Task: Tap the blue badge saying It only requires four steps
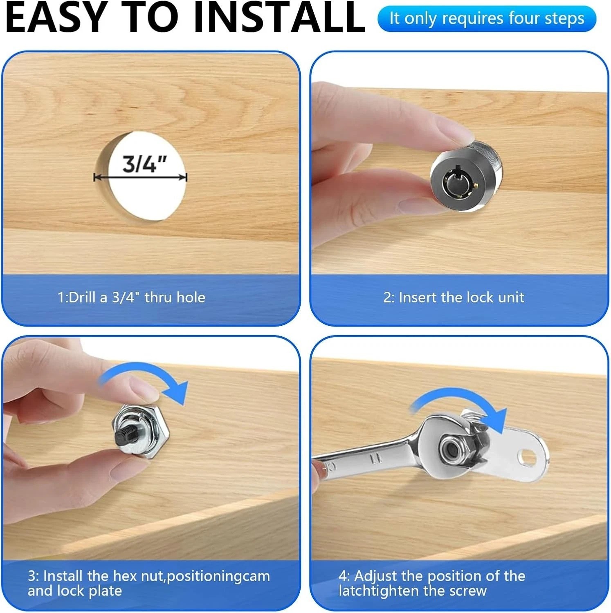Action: coord(487,19)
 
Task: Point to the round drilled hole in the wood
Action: coord(140,176)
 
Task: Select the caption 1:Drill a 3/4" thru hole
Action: coord(131,297)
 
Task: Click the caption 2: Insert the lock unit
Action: coord(454,297)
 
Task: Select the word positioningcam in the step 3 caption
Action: coord(218,576)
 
